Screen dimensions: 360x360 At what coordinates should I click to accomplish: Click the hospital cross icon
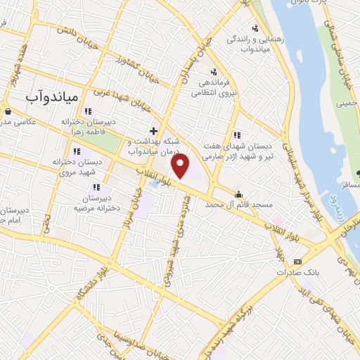point(154,131)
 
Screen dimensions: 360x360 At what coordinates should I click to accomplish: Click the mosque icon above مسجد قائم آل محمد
point(240,194)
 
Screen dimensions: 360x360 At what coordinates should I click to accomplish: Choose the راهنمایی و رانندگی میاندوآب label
point(253,44)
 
